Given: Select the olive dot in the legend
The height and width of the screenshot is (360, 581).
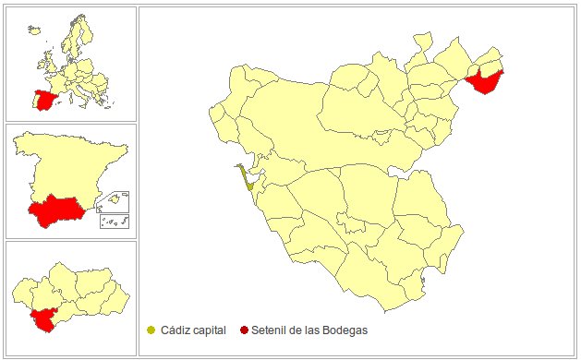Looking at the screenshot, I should (151, 330).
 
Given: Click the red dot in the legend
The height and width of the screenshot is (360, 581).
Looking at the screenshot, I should (244, 330).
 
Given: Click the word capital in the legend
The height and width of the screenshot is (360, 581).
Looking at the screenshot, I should (211, 330).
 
